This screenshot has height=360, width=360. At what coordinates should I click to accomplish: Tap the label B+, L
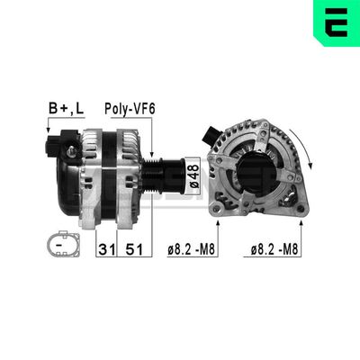(x=66, y=110)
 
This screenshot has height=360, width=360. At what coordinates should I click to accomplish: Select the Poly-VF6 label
(x=130, y=110)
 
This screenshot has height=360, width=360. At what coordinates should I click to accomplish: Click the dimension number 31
(x=105, y=247)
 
